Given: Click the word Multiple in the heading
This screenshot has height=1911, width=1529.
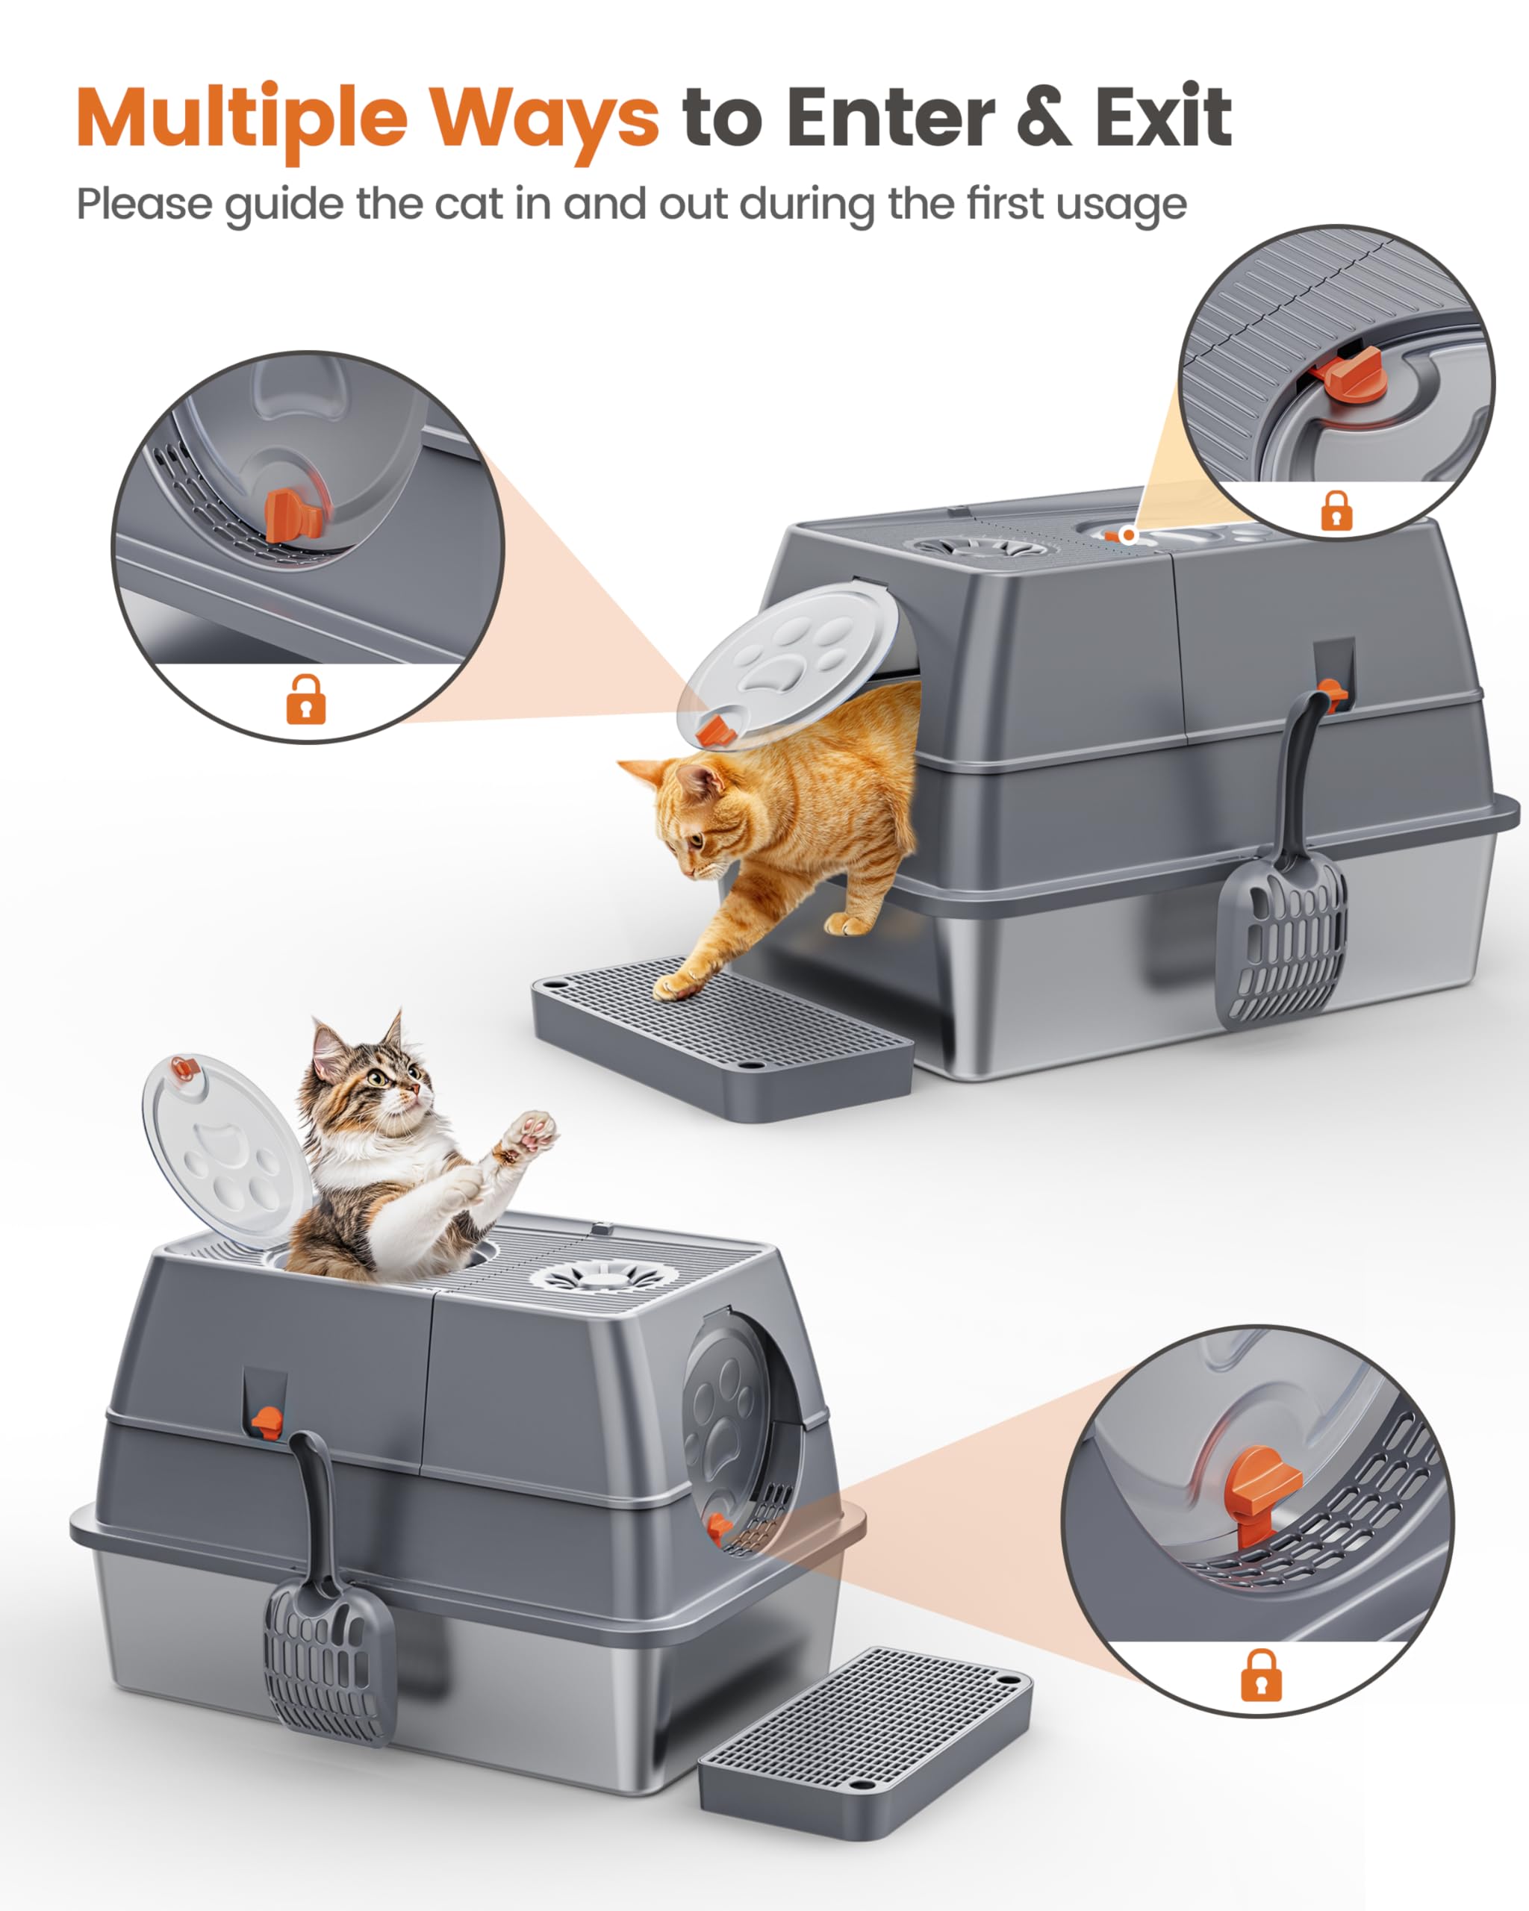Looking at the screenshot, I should tap(241, 117).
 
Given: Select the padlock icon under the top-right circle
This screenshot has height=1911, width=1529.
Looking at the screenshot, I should tap(1336, 511).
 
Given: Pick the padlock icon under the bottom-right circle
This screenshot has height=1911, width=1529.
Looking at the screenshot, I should tap(1260, 1674).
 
